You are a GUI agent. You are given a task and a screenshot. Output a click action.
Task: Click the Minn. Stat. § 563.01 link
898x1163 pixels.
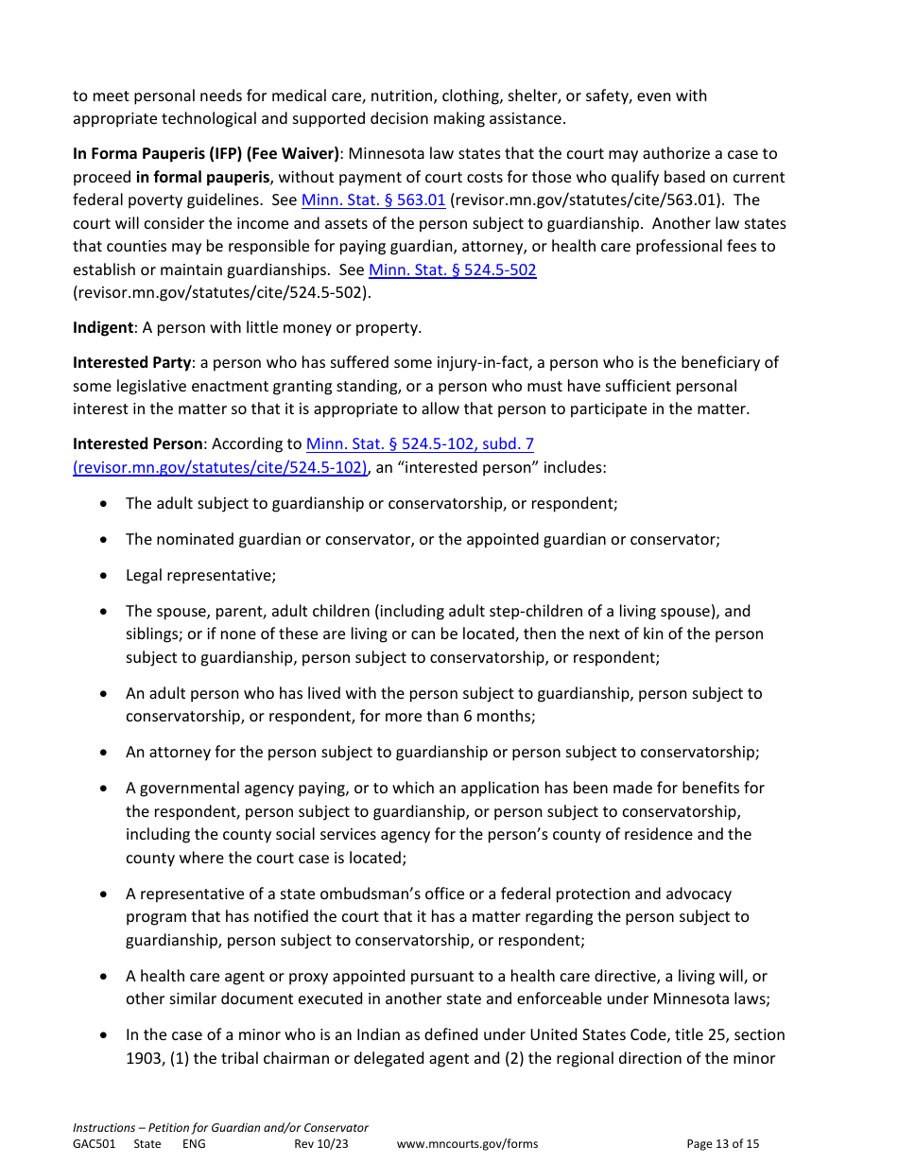tap(372, 200)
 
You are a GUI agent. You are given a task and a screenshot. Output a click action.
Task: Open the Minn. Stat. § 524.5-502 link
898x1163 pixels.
tap(452, 269)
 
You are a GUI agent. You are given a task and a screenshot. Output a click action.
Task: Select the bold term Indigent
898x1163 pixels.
tap(103, 328)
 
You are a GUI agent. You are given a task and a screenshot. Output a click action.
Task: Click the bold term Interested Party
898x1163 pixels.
tap(132, 363)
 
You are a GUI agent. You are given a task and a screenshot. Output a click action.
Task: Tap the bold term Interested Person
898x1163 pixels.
tap(138, 443)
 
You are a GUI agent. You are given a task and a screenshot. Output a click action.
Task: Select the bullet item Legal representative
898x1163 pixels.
tap(200, 576)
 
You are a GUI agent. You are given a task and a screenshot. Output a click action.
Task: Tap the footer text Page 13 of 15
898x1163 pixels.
tap(722, 1144)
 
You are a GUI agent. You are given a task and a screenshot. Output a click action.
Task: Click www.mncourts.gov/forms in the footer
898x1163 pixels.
tap(467, 1144)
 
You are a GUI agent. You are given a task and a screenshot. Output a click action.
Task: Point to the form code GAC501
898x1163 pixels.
tap(94, 1144)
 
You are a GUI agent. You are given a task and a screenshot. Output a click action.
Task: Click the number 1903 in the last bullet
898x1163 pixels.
tap(145, 1058)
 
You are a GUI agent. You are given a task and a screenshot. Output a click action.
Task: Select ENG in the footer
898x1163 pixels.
tap(194, 1144)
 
